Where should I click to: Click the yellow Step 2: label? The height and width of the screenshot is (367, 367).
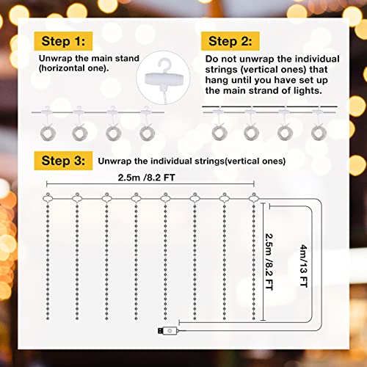tap(233, 40)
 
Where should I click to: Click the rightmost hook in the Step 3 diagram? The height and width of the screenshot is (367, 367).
tap(254, 197)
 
